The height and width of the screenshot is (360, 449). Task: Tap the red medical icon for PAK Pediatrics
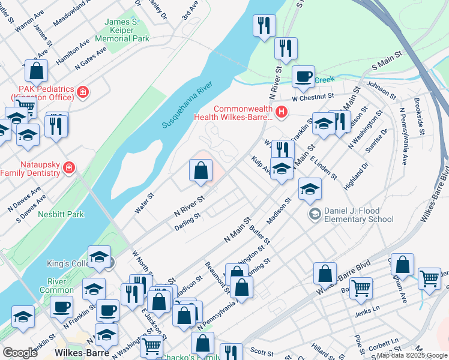[83, 93]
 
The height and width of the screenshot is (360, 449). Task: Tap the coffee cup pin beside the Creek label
[303, 76]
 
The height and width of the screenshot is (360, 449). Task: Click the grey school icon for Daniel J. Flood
[315, 214]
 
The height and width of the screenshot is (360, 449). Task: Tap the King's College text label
[67, 263]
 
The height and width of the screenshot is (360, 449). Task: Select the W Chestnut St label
[312, 96]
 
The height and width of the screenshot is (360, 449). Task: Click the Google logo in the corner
[20, 353]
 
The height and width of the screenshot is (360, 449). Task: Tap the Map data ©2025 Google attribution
[412, 356]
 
